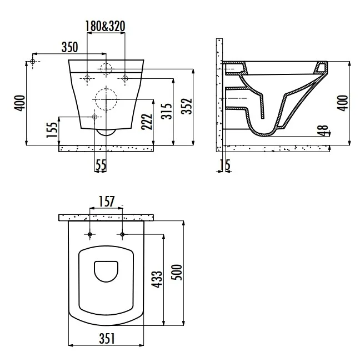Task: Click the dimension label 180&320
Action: click(x=105, y=26)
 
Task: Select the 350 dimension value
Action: click(x=69, y=46)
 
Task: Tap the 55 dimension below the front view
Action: click(x=101, y=164)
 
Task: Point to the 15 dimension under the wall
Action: click(x=224, y=164)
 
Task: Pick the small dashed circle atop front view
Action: click(x=106, y=69)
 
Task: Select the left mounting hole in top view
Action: click(x=89, y=234)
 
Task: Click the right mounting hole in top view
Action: click(x=122, y=234)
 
